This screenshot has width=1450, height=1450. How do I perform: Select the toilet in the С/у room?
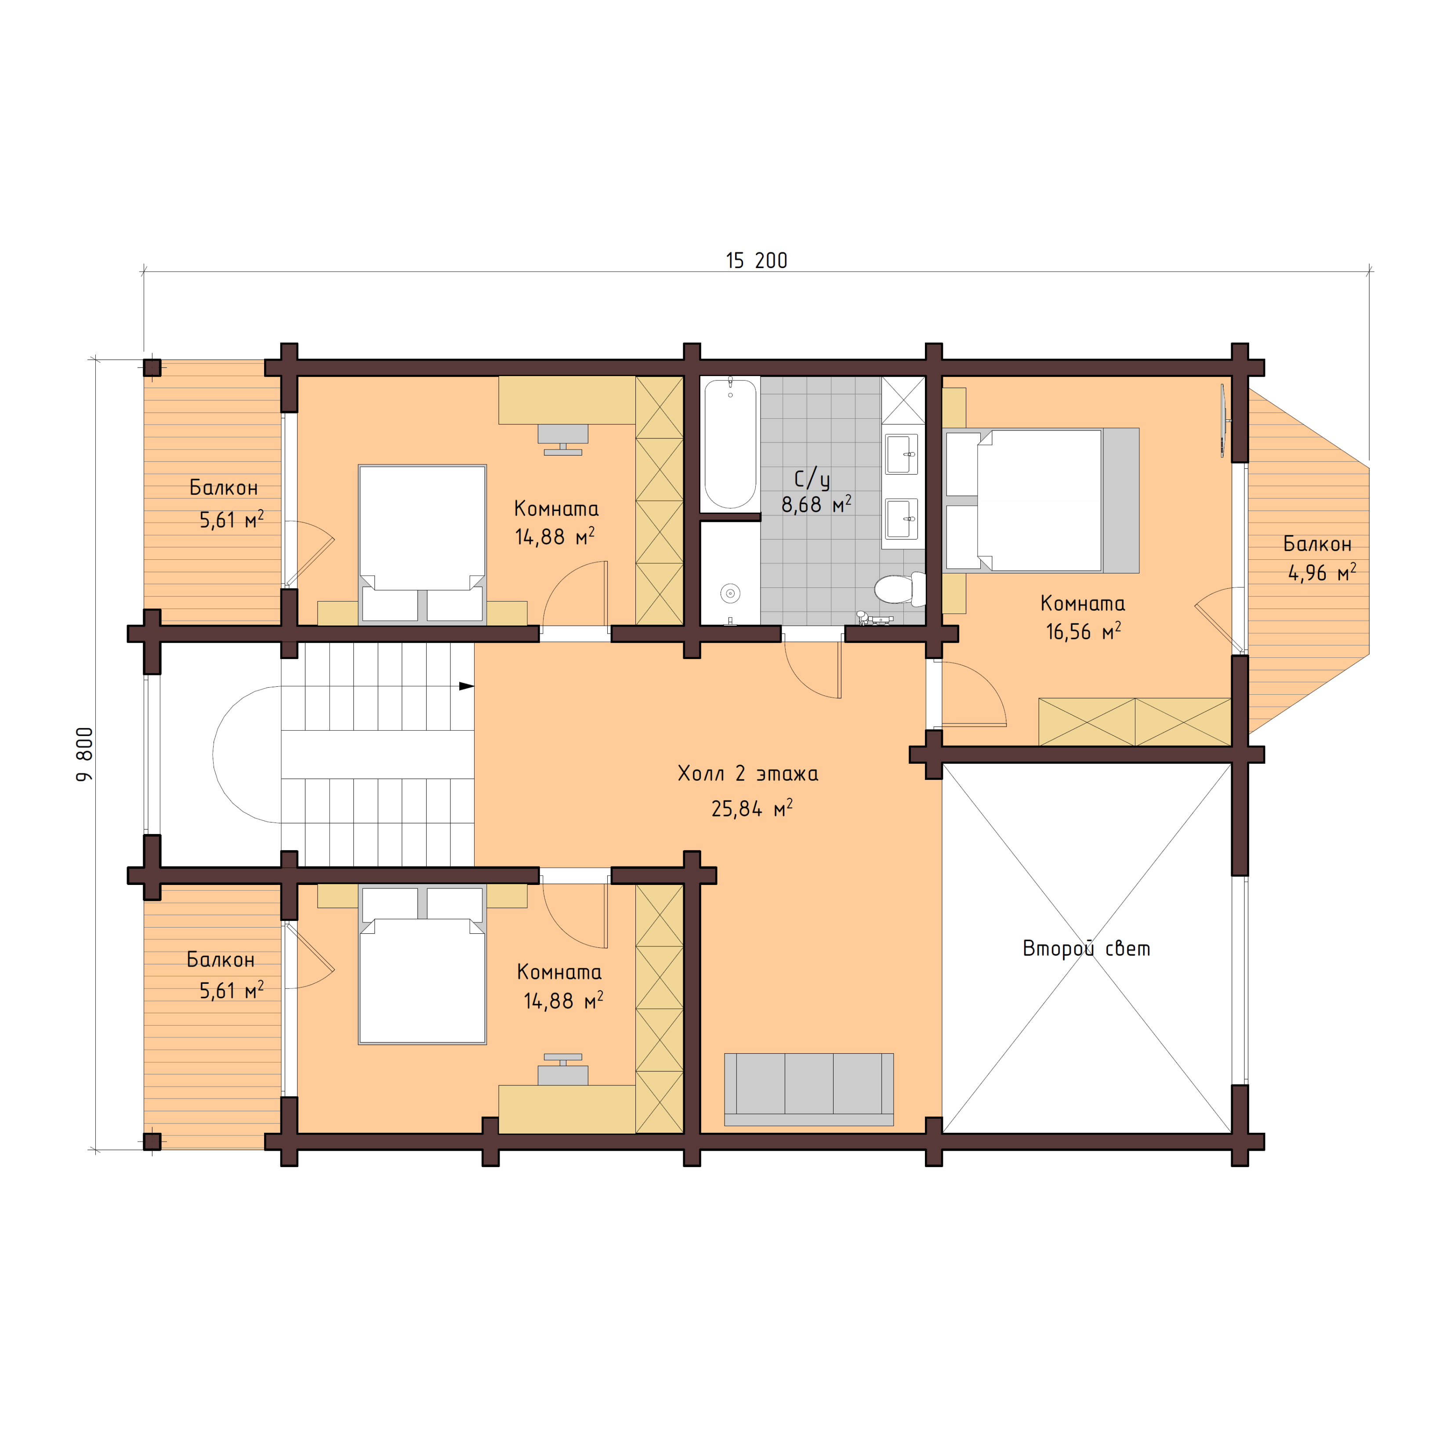(899, 589)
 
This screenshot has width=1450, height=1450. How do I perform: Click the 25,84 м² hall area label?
(751, 809)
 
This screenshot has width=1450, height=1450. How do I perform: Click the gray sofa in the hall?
(808, 1088)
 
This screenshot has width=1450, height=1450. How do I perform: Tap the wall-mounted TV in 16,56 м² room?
(1223, 420)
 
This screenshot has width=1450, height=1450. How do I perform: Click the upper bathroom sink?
(901, 454)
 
